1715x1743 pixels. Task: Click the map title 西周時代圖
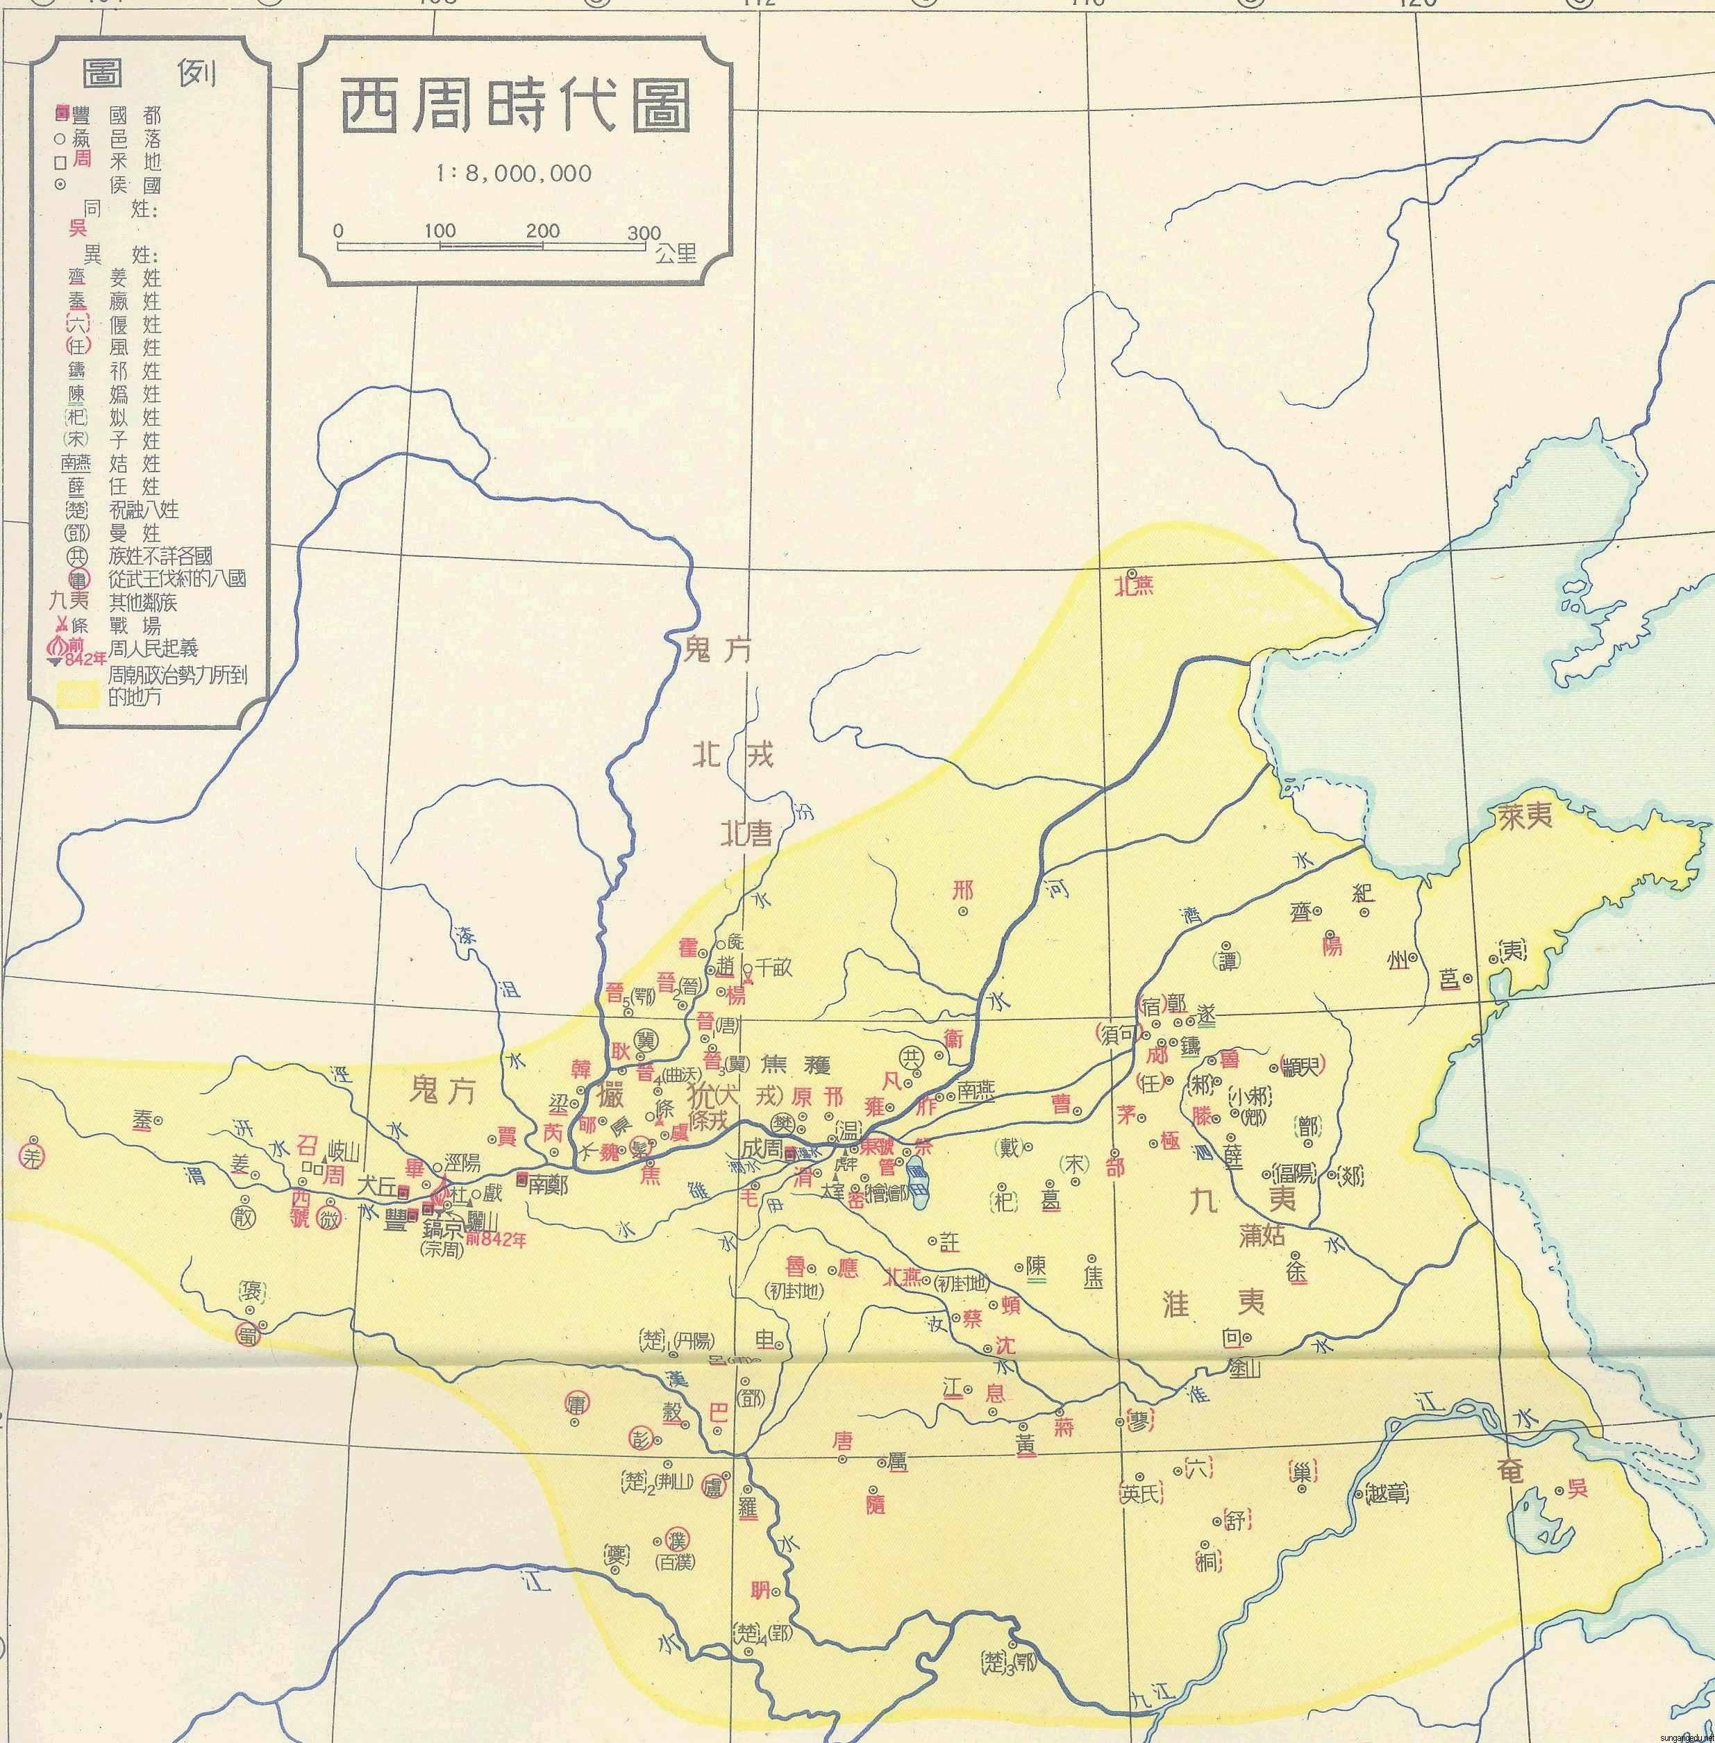click(515, 107)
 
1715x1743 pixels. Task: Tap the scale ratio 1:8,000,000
click(513, 173)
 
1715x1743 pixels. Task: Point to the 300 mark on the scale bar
click(644, 233)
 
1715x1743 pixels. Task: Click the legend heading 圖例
click(148, 73)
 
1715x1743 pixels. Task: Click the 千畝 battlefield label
click(775, 967)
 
